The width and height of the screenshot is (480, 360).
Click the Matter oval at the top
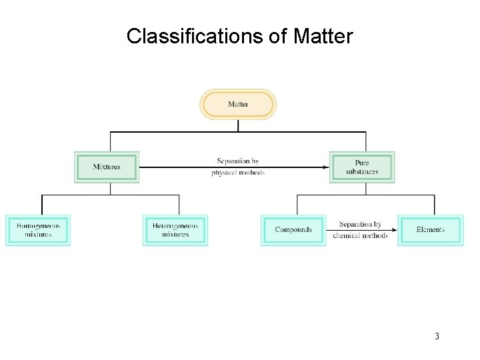[x=238, y=105]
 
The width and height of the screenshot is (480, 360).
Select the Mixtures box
[x=107, y=167]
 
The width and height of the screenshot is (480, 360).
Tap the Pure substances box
[x=362, y=167]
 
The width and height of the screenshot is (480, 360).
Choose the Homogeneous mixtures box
[x=38, y=230]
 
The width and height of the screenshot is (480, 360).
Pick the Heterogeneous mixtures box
[x=175, y=230]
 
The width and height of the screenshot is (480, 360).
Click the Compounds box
[x=293, y=230]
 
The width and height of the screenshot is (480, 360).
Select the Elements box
[x=430, y=230]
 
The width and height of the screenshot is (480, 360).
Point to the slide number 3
[x=437, y=336]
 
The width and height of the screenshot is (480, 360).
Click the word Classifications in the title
[x=195, y=36]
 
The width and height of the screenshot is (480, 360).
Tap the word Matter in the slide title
[x=323, y=36]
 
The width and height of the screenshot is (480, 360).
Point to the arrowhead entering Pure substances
[x=326, y=167]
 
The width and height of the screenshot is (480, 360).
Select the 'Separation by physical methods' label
[x=238, y=167]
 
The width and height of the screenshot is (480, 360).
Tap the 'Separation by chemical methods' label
[x=360, y=230]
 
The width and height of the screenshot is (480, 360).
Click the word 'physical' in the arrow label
[x=224, y=173]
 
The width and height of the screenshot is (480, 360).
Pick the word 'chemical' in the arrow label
[x=347, y=235]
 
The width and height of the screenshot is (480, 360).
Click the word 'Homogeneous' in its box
[x=38, y=226]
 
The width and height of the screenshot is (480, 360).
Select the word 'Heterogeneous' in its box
[x=175, y=226]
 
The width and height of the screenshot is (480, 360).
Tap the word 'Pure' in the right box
[x=362, y=163]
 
